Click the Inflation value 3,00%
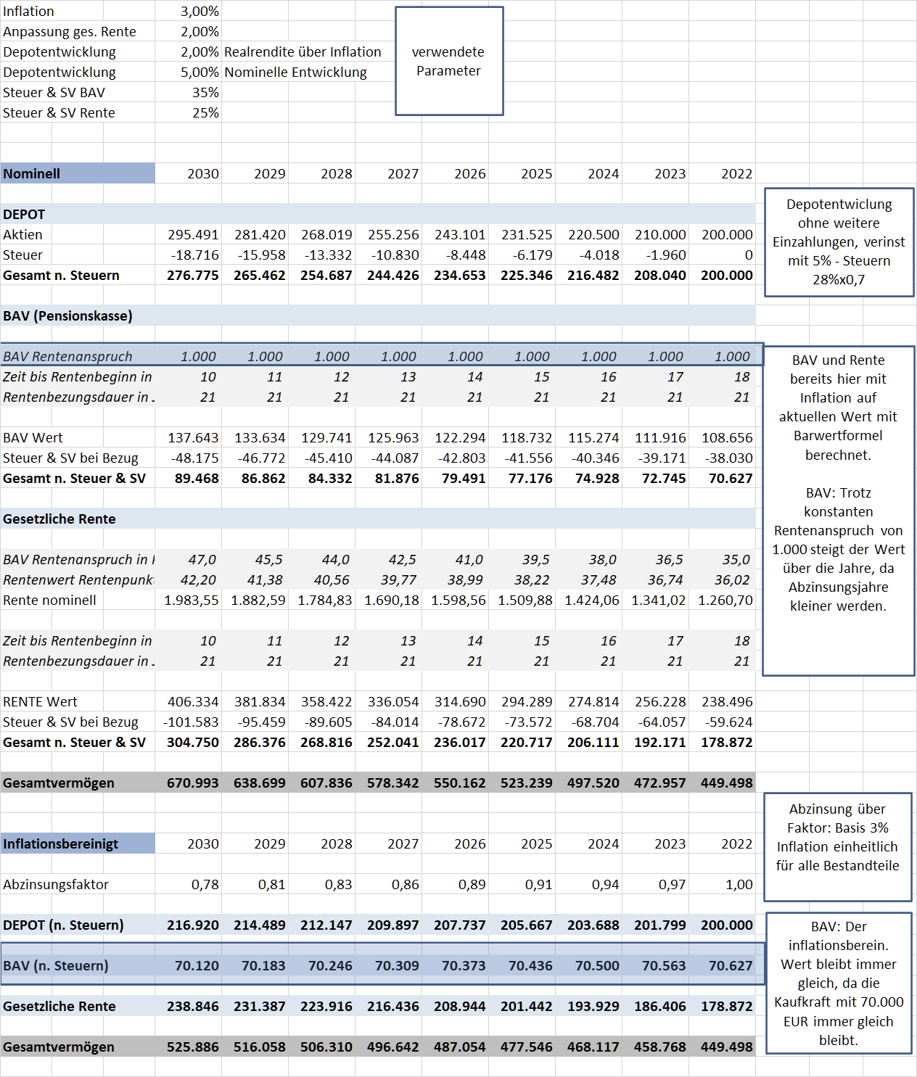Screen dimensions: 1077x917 pyautogui.click(x=200, y=12)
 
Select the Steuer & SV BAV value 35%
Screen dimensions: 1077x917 pyautogui.click(x=205, y=93)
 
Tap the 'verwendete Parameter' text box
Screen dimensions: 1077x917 pyautogui.click(x=448, y=62)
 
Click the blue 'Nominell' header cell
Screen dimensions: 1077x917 pyautogui.click(x=77, y=173)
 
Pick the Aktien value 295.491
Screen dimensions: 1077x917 pyautogui.click(x=193, y=235)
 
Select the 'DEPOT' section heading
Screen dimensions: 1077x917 pyautogui.click(x=25, y=215)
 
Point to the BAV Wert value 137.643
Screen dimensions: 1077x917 pyautogui.click(x=193, y=438)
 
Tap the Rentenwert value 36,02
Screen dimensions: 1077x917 pyautogui.click(x=732, y=580)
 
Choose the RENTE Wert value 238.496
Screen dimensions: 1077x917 pyautogui.click(x=727, y=702)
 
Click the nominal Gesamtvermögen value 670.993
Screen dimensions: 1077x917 pyautogui.click(x=193, y=783)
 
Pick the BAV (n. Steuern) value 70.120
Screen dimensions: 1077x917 pyautogui.click(x=197, y=966)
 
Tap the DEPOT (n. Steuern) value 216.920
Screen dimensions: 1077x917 pyautogui.click(x=193, y=925)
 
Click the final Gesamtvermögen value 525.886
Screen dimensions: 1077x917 pyautogui.click(x=193, y=1047)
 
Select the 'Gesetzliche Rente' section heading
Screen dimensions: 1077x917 pyautogui.click(x=59, y=519)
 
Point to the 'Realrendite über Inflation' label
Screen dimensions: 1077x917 pyautogui.click(x=303, y=52)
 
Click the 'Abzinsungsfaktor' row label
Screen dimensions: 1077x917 pyautogui.click(x=56, y=885)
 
